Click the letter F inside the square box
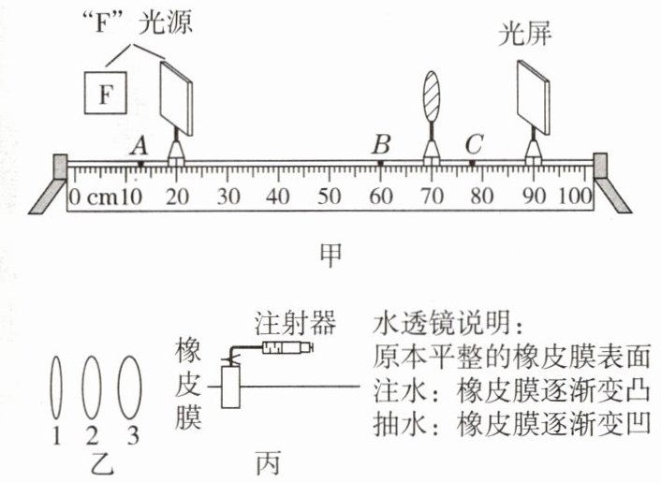[105, 94]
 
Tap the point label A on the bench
[140, 147]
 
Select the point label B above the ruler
[381, 144]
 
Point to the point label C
[474, 144]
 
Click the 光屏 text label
[525, 33]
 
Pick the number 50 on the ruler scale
[329, 197]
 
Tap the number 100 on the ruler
[575, 197]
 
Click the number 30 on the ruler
[228, 197]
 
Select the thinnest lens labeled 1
[56, 388]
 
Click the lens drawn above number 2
[92, 388]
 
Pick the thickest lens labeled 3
[129, 388]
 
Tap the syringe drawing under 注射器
[287, 347]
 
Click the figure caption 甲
[330, 255]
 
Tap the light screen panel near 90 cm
[534, 97]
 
